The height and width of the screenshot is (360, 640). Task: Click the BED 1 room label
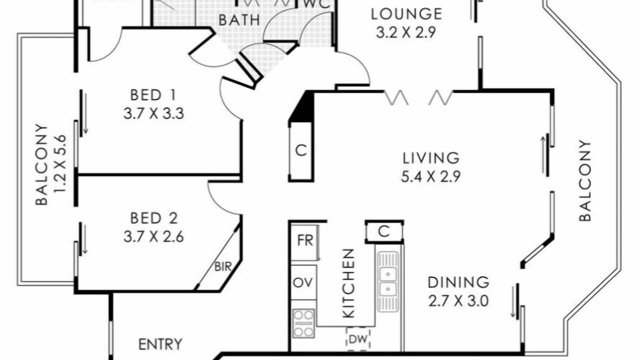coord(153,95)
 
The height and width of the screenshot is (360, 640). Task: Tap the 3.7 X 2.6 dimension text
coord(153,237)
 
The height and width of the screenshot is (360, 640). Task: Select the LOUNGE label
coord(406,14)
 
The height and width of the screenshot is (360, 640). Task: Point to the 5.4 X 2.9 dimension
coord(430,176)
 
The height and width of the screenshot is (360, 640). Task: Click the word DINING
coord(458,282)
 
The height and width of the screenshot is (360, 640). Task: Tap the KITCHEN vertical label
coord(348,283)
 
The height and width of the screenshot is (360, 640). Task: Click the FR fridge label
coord(305,240)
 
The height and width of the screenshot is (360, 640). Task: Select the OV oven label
coord(303,283)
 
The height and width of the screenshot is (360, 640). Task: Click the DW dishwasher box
coord(358,339)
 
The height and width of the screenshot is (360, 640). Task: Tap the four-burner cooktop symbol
coord(303,323)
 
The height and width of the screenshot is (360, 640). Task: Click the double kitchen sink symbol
coord(387,281)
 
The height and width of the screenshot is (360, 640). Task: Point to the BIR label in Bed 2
coord(223,267)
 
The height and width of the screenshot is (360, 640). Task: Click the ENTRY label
coord(160,344)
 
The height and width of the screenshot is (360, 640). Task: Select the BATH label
coord(239,20)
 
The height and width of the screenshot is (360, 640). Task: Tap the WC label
coord(316,4)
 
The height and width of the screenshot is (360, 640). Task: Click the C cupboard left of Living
coord(301,150)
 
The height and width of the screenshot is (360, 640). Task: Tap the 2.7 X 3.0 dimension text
coord(458,301)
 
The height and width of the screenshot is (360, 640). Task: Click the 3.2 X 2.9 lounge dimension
coord(405,32)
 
